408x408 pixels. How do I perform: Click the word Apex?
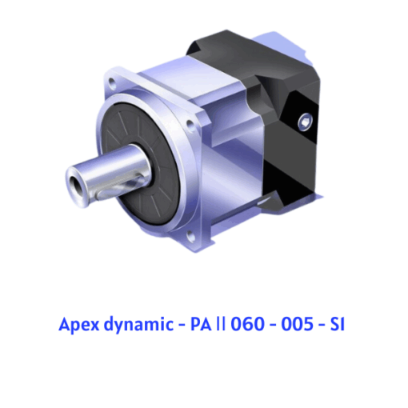(78, 325)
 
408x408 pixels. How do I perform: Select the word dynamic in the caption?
(138, 325)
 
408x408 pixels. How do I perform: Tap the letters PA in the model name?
(201, 324)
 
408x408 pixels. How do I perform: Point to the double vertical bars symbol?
(221, 324)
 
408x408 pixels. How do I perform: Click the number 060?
(247, 324)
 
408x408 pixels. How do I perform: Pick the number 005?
(297, 324)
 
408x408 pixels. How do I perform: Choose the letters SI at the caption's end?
(338, 324)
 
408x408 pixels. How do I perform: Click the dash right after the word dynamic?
(182, 326)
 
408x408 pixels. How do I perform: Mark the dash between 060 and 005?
(273, 326)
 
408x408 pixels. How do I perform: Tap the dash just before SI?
(322, 326)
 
